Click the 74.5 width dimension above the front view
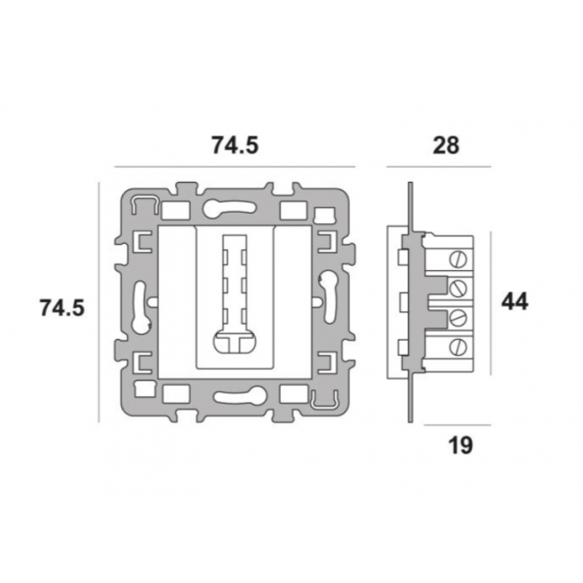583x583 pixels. pyautogui.click(x=235, y=145)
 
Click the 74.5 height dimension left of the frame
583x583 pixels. pyautogui.click(x=62, y=308)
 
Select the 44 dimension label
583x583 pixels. pyautogui.click(x=515, y=301)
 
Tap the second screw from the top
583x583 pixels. pyautogui.click(x=457, y=288)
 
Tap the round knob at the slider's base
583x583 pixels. pyautogui.click(x=235, y=340)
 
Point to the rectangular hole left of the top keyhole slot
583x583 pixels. pyautogui.click(x=176, y=211)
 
